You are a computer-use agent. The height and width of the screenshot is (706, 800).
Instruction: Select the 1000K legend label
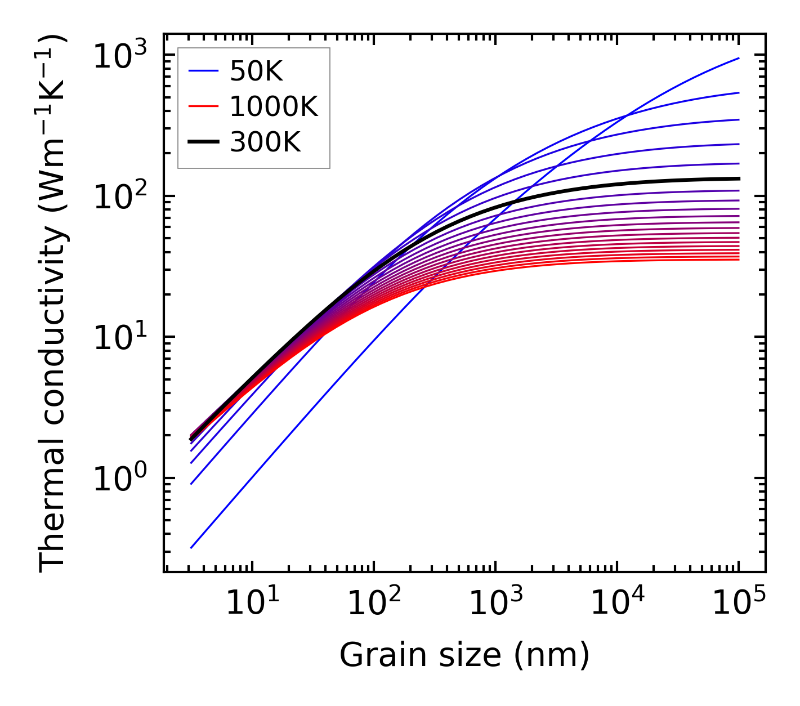tap(274, 106)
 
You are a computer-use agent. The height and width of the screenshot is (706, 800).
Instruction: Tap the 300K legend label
tap(265, 142)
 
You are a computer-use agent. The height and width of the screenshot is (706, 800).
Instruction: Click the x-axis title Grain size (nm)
tap(464, 655)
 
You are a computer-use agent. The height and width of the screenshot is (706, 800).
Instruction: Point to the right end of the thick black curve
tap(739, 178)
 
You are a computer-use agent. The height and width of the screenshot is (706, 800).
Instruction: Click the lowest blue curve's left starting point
tap(191, 547)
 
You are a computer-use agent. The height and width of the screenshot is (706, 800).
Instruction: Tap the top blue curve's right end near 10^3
tap(739, 58)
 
